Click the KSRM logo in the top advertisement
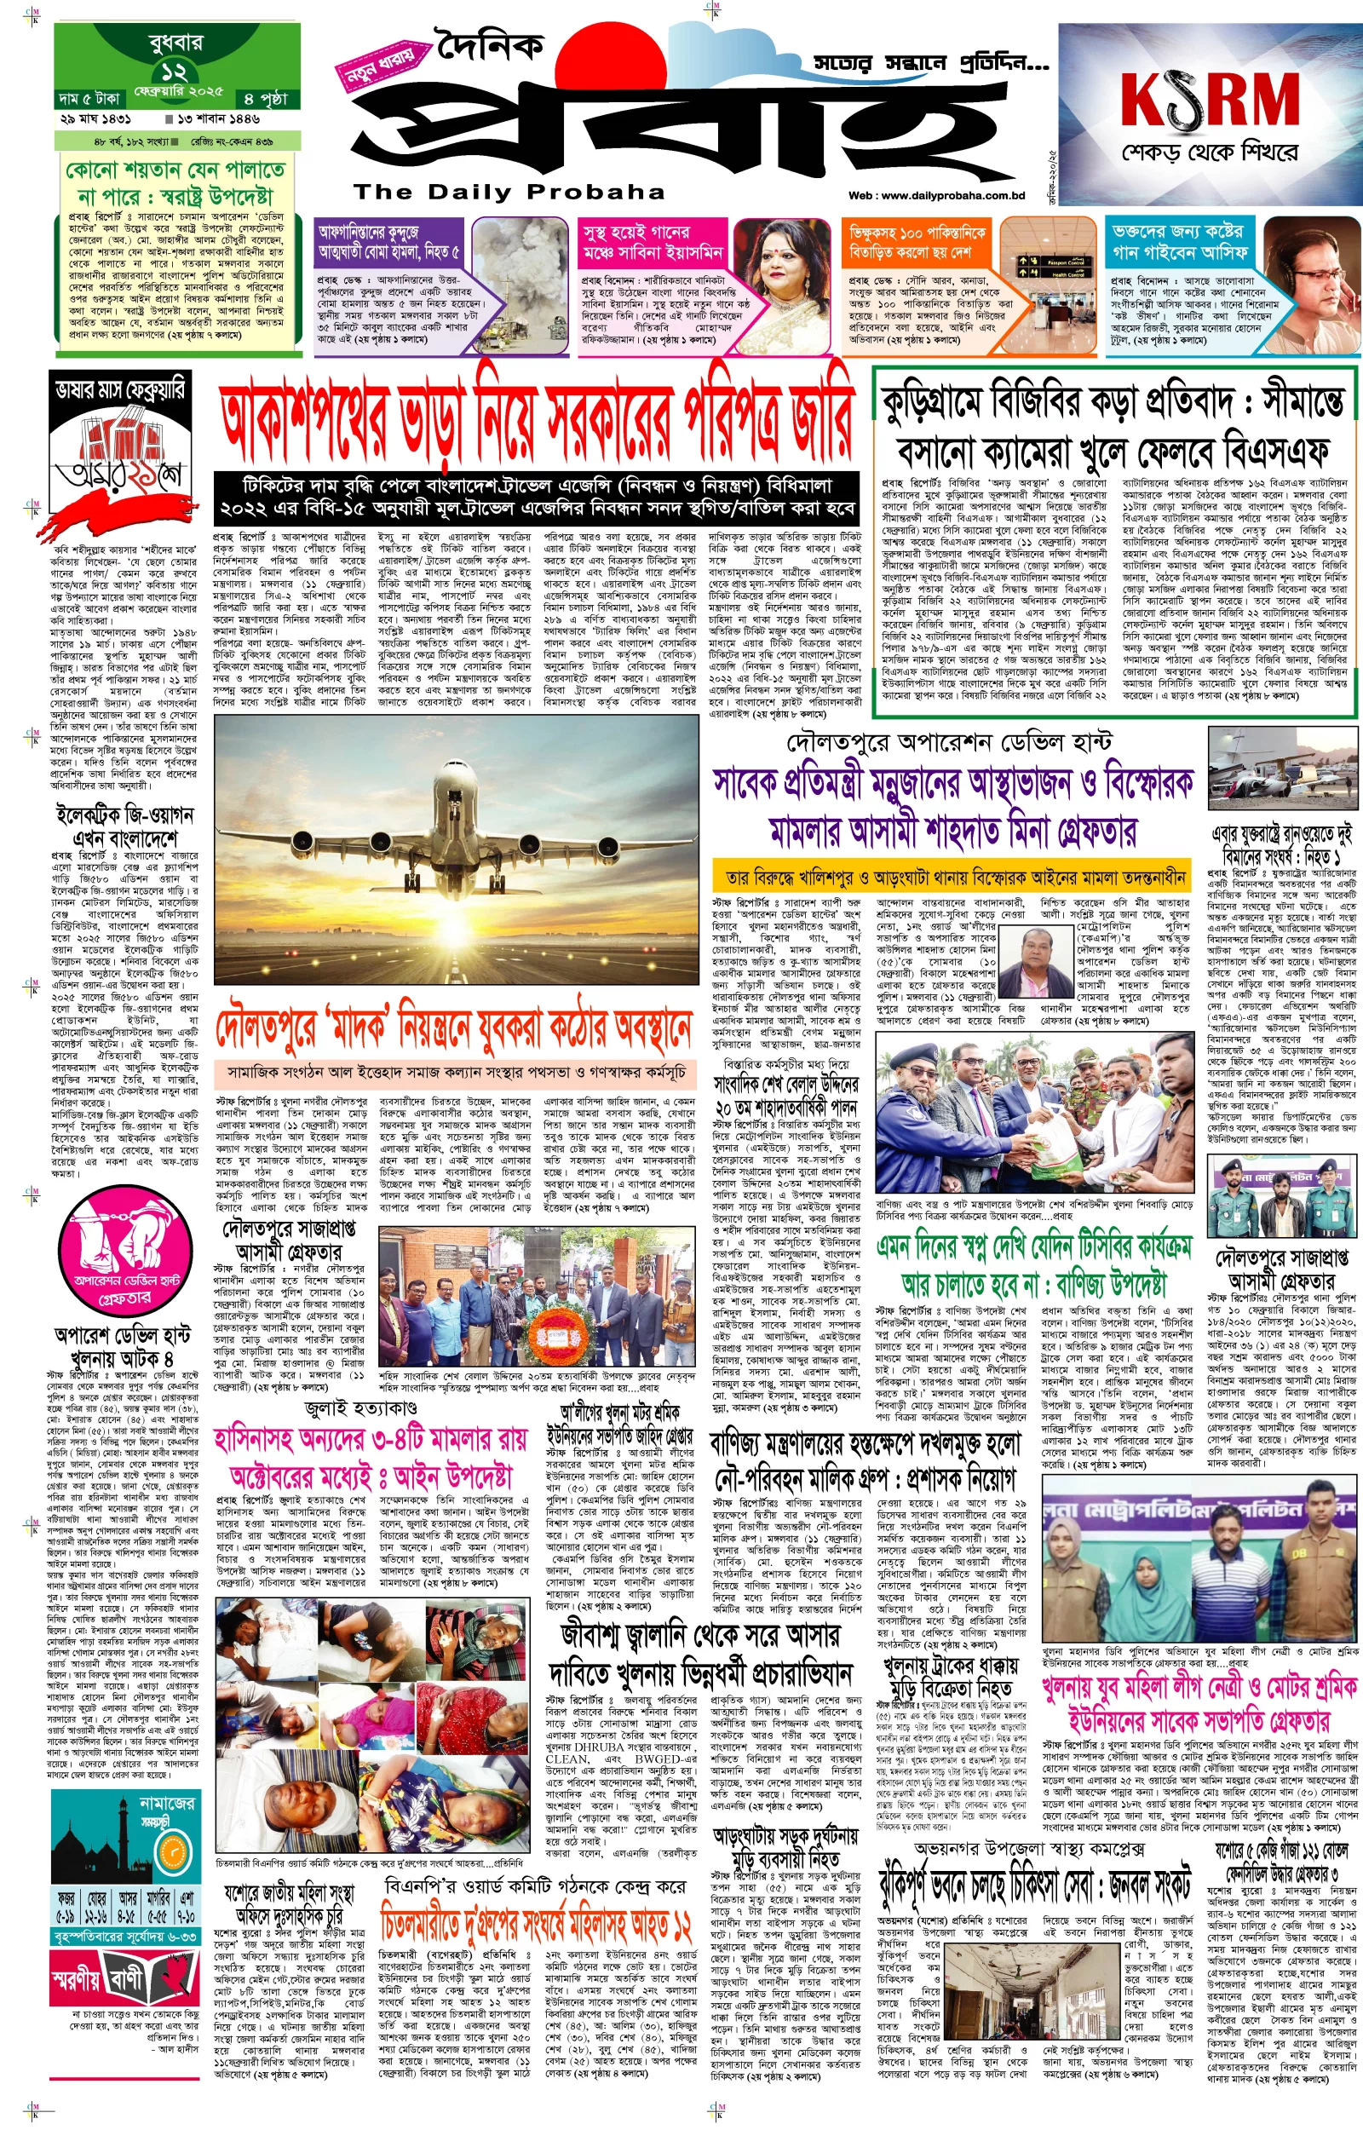pyautogui.click(x=1209, y=100)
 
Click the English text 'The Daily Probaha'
pyautogui.click(x=509, y=192)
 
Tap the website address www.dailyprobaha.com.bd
pyautogui.click(x=935, y=196)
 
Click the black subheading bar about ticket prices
pyautogui.click(x=538, y=498)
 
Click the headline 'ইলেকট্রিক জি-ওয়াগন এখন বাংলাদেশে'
pyautogui.click(x=124, y=825)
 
